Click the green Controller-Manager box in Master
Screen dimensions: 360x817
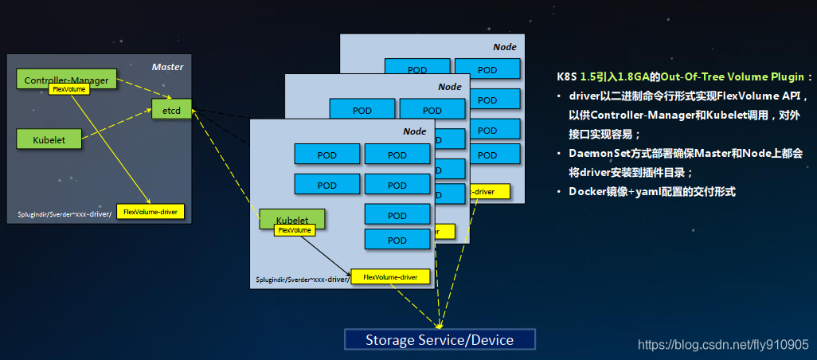(67, 79)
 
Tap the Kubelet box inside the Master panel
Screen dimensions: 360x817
(49, 139)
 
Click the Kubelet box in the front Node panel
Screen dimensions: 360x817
(291, 218)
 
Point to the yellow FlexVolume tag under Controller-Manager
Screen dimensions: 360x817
(68, 89)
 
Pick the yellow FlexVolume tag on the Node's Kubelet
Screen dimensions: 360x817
(294, 229)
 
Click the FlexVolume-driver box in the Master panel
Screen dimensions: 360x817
(150, 211)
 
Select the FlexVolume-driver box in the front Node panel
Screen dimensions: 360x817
(390, 276)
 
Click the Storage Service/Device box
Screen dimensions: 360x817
(440, 340)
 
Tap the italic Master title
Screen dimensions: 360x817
(167, 67)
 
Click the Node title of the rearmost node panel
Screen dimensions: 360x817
(504, 47)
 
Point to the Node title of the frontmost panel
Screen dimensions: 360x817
(414, 131)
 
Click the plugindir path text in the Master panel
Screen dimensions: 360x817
(64, 214)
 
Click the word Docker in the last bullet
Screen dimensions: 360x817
(587, 192)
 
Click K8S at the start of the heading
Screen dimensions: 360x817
(566, 78)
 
